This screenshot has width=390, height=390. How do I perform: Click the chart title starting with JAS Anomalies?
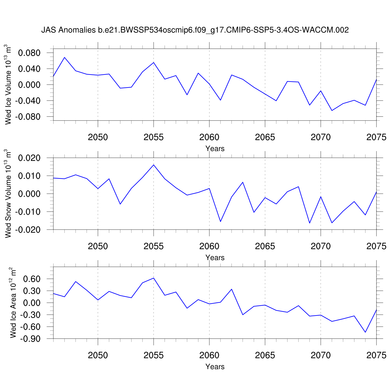coord(195,30)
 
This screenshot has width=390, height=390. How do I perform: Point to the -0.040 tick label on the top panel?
coord(28,101)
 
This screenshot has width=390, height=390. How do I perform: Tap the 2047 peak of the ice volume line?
coord(64,57)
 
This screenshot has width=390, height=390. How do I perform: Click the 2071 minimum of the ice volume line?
coord(332,110)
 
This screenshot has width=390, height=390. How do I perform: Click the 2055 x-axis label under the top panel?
coord(153,137)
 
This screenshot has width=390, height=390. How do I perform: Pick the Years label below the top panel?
coord(215,148)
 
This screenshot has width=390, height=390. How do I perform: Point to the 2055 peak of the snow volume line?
coord(154,165)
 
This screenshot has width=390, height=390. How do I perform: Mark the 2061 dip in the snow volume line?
coord(220,222)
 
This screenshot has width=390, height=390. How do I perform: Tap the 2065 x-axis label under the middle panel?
coord(265,246)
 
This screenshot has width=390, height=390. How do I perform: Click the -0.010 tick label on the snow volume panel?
coord(28,212)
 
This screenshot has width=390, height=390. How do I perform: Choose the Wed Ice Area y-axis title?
coord(13,303)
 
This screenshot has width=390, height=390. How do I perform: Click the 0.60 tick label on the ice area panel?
coord(31,279)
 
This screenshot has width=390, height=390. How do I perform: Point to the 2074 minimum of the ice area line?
coord(365,332)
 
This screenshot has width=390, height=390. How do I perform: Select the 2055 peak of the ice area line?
coord(154,278)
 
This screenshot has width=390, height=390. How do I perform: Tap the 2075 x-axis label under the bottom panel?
coord(376,355)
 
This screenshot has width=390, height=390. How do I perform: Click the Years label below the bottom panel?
coord(215,366)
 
